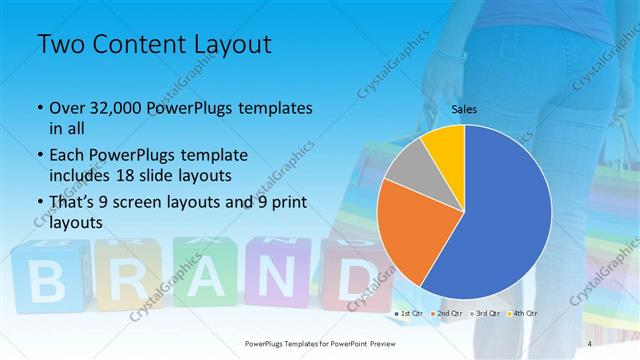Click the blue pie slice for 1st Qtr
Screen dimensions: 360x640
tap(500, 210)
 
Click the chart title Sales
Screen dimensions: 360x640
tap(463, 109)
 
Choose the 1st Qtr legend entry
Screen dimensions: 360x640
tap(411, 313)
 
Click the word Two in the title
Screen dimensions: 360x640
tap(59, 45)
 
